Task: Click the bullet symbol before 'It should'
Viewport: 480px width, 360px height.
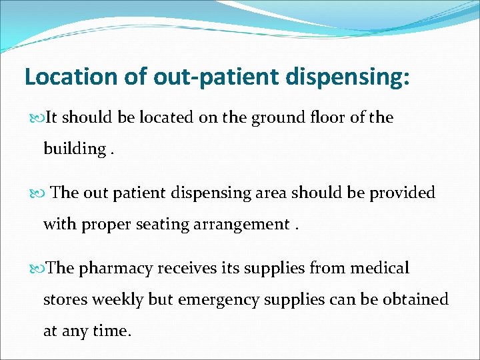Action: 37,119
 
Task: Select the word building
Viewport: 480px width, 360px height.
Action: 73,149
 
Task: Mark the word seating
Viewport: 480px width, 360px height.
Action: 163,224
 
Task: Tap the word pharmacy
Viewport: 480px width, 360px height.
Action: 117,269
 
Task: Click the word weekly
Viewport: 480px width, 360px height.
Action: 117,299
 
